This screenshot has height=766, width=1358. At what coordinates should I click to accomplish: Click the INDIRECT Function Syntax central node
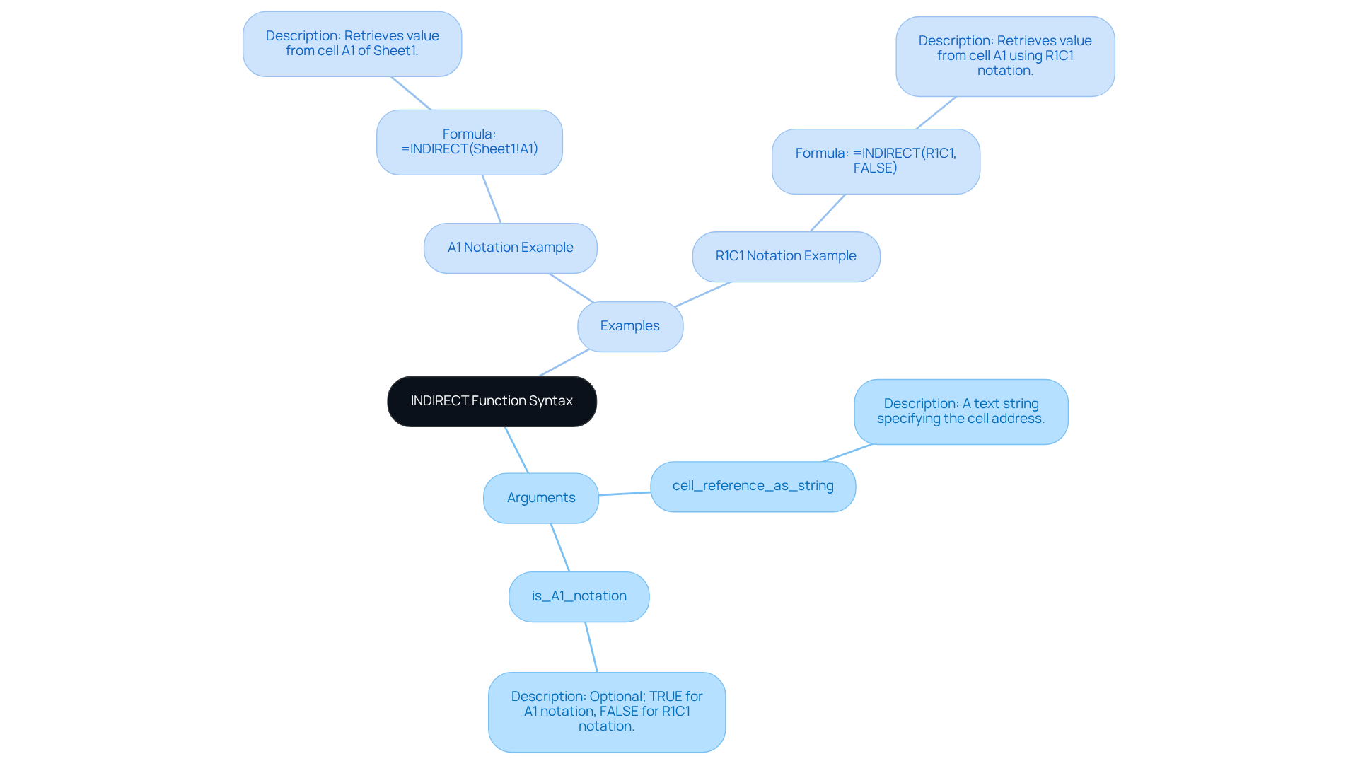tap(492, 401)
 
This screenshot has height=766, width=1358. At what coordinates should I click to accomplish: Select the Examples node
tap(629, 326)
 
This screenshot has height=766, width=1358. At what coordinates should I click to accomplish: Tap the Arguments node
tap(541, 498)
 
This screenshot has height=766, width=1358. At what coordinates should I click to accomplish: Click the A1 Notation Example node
tap(510, 248)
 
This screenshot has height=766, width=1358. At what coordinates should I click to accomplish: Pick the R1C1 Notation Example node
tap(786, 256)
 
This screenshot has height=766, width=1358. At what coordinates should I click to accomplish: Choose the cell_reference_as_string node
tap(753, 486)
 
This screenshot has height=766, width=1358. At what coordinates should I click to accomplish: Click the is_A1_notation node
tap(579, 596)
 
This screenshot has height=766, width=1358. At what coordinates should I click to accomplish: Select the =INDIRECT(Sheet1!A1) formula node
tap(469, 141)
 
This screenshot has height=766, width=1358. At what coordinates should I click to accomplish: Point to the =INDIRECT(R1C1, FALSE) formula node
tap(876, 161)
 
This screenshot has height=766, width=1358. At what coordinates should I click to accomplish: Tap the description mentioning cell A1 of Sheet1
tap(352, 43)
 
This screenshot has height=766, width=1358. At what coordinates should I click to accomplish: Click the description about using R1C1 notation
tap(1005, 56)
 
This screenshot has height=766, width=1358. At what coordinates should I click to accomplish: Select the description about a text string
tap(961, 411)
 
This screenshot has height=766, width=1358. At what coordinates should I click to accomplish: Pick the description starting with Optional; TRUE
tap(606, 711)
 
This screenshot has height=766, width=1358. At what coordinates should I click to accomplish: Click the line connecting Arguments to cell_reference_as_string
tap(625, 494)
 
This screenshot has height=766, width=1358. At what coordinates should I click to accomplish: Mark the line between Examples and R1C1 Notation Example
tap(702, 294)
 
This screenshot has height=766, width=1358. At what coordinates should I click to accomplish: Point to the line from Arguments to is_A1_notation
tap(560, 547)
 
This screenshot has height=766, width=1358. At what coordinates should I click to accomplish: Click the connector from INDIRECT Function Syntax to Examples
tap(564, 363)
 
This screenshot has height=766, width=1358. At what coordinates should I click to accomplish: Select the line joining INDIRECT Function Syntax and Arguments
tap(516, 450)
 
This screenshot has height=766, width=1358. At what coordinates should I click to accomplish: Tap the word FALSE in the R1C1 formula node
tap(874, 168)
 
